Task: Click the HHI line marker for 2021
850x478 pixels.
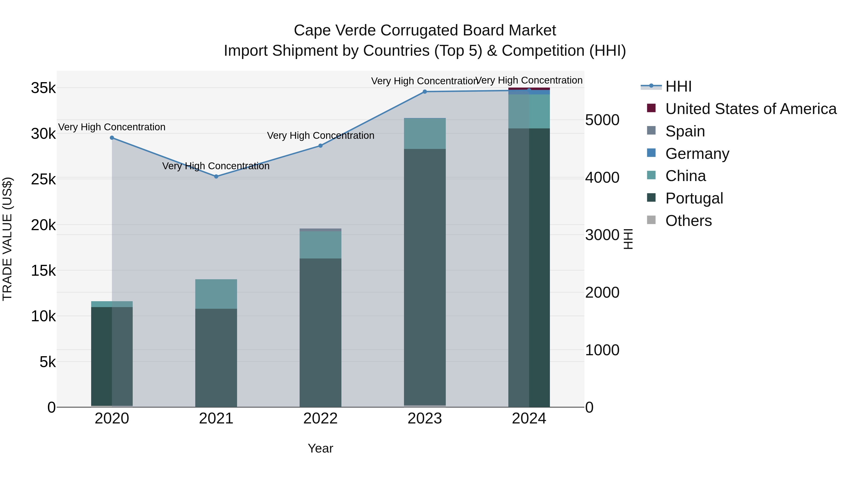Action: click(216, 177)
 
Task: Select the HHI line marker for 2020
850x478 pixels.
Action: click(112, 138)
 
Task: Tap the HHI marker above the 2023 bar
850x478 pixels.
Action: click(425, 92)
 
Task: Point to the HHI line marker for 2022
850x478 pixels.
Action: click(320, 146)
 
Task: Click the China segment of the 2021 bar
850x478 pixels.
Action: click(216, 294)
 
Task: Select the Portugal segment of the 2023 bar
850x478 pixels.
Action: click(425, 277)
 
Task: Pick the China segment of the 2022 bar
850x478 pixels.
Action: click(320, 245)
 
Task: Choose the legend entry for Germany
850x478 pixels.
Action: click(697, 154)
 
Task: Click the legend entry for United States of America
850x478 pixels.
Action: click(751, 109)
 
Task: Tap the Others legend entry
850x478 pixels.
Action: click(688, 221)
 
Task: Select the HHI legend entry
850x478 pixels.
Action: click(678, 86)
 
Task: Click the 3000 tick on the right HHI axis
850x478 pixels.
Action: click(602, 235)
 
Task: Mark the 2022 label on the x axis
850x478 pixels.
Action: click(320, 419)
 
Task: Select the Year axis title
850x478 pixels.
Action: click(320, 448)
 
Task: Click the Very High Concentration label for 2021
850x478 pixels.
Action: click(216, 166)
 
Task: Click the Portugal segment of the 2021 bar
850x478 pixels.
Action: click(216, 358)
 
